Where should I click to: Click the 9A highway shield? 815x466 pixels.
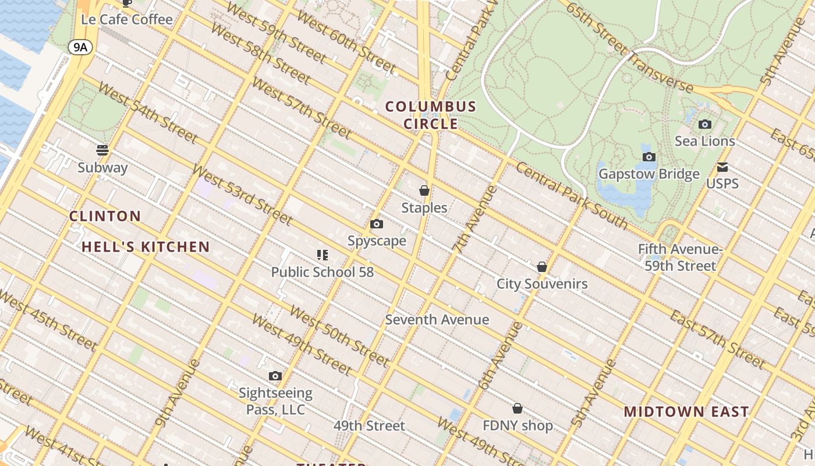click(x=80, y=47)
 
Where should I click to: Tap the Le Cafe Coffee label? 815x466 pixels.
click(x=127, y=20)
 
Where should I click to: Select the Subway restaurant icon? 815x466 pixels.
click(x=102, y=150)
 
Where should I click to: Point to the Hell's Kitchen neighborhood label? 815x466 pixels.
click(x=146, y=247)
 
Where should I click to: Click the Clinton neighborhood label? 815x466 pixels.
click(x=105, y=216)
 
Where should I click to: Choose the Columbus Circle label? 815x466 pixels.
click(x=431, y=115)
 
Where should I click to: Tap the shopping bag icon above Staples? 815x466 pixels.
click(x=424, y=190)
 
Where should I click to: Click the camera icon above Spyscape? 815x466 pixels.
click(x=377, y=224)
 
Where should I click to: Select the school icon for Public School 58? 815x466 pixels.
click(x=323, y=255)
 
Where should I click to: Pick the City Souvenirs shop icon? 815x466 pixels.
click(x=542, y=267)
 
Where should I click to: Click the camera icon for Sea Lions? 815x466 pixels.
click(x=705, y=124)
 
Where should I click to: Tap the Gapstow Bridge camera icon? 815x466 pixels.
click(x=649, y=157)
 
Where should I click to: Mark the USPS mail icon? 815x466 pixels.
click(x=722, y=167)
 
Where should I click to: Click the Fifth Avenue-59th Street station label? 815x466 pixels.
click(x=680, y=257)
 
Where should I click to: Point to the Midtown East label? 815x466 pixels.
click(x=686, y=412)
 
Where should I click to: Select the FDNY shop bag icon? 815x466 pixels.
click(x=518, y=408)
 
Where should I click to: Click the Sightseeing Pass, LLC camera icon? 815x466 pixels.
click(x=275, y=376)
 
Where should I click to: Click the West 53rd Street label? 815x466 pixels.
click(x=242, y=195)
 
